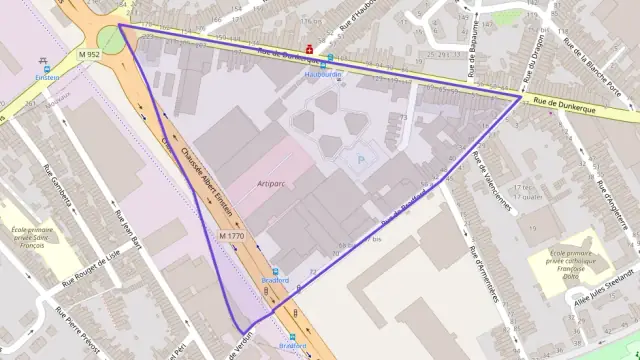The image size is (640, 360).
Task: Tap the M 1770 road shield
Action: click(x=231, y=235)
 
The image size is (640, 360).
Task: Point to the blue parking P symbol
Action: click(x=360, y=158)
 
